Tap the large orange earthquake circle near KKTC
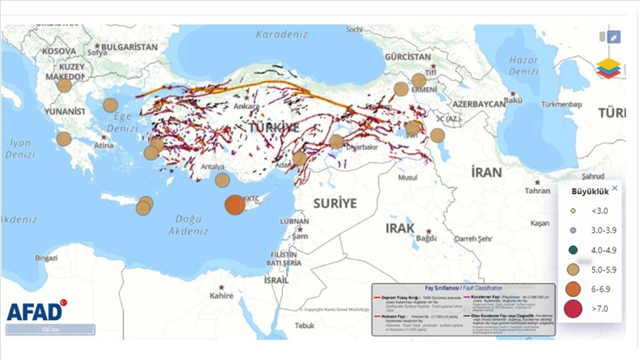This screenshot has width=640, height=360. [x=235, y=204]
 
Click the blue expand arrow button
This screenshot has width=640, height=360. [x=614, y=36]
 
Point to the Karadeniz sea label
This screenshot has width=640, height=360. [x=281, y=34]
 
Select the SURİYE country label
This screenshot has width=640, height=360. [x=335, y=202]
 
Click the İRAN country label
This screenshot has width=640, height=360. [x=486, y=172]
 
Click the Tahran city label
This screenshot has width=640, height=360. [x=537, y=190]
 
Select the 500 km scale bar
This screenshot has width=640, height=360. [x=50, y=329]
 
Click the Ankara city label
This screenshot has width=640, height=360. [x=247, y=106]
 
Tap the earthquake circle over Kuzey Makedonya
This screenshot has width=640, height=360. [x=64, y=85]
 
